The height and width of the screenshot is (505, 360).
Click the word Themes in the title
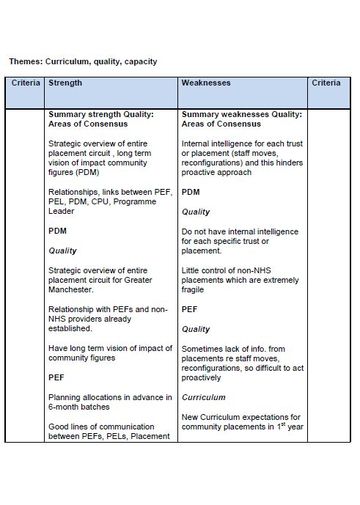click(27, 61)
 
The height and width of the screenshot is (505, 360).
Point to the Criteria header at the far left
click(26, 83)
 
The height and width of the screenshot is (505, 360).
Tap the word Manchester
click(75, 290)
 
